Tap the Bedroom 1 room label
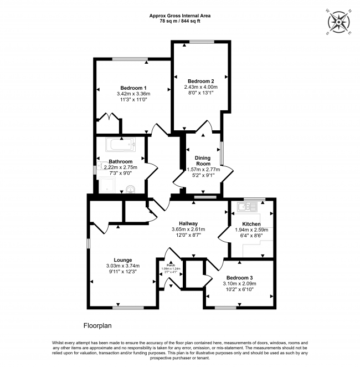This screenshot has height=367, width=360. point(133,88)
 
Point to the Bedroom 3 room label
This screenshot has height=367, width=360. point(239,278)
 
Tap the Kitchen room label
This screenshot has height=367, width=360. point(251,224)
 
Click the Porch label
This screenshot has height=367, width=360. point(169,264)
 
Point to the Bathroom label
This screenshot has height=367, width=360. point(120,162)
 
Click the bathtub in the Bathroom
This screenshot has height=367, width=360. point(121,146)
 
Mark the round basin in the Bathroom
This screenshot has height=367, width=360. point(131,188)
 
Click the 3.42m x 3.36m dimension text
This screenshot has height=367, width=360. point(133,94)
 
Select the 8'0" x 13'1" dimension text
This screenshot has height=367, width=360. point(200,93)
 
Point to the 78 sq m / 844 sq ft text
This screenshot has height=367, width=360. point(181,21)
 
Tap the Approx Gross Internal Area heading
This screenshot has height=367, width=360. point(181,16)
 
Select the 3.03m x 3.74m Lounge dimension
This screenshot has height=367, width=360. point(123,266)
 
